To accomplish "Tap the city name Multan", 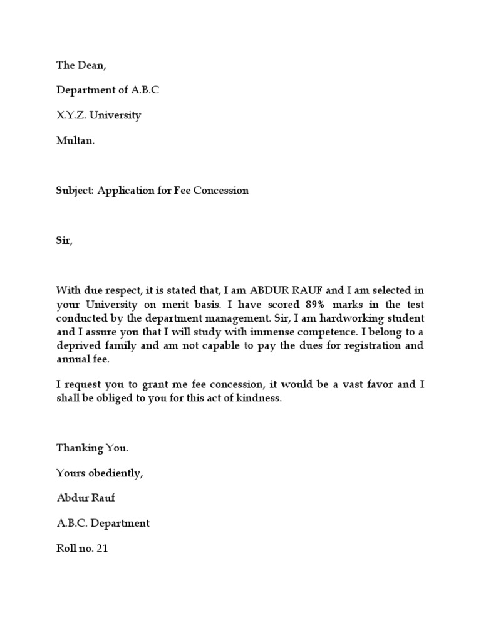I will [75, 140].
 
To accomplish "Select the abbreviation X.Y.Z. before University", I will [73, 115].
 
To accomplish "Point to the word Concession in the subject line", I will [224, 191].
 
